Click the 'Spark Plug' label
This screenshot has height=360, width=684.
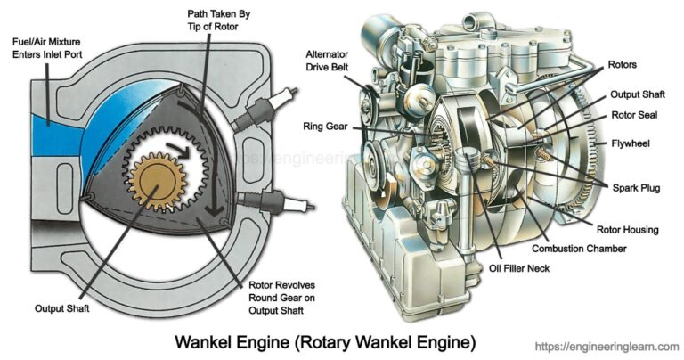pyautogui.click(x=634, y=188)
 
